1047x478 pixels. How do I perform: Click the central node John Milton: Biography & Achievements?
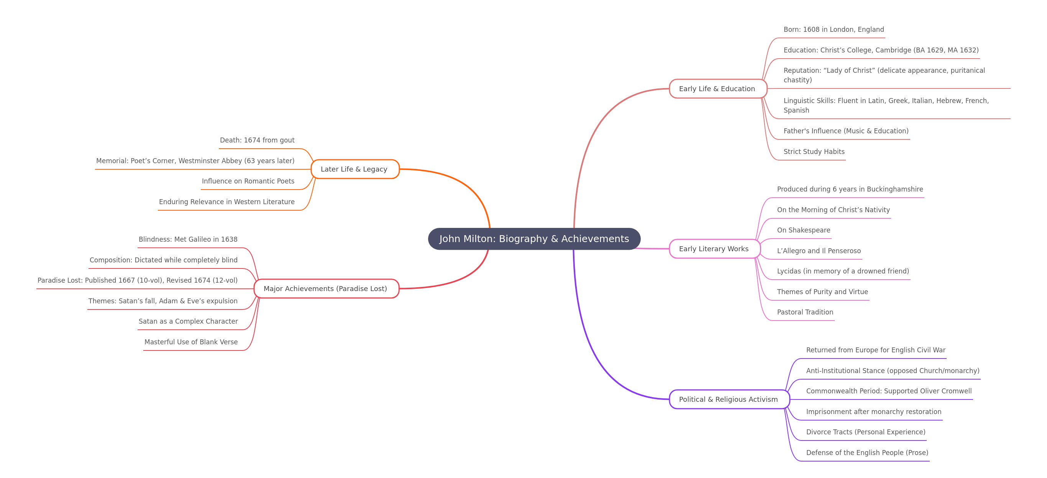[534, 239]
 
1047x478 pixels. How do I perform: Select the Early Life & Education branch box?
[718, 88]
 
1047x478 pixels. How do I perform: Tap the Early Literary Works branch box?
[714, 249]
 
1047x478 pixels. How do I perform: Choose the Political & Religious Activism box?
[729, 399]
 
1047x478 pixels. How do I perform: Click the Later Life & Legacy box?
[355, 169]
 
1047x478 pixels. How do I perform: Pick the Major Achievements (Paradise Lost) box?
[327, 288]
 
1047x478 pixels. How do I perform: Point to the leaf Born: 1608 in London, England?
[834, 29]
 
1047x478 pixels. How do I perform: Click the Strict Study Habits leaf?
[814, 152]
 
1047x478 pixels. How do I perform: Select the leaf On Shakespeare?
[804, 230]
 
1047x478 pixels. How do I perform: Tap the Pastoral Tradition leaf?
[805, 312]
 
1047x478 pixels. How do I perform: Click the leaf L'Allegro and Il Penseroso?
[819, 250]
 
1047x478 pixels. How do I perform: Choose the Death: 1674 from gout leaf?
[257, 140]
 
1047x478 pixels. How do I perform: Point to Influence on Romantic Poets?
[248, 181]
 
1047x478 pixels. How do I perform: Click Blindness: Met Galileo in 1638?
[188, 239]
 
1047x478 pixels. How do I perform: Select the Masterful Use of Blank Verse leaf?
[191, 342]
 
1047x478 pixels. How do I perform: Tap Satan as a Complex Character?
[188, 321]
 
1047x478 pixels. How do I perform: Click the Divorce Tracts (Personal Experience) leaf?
[866, 432]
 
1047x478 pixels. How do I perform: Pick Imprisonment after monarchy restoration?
[873, 411]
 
